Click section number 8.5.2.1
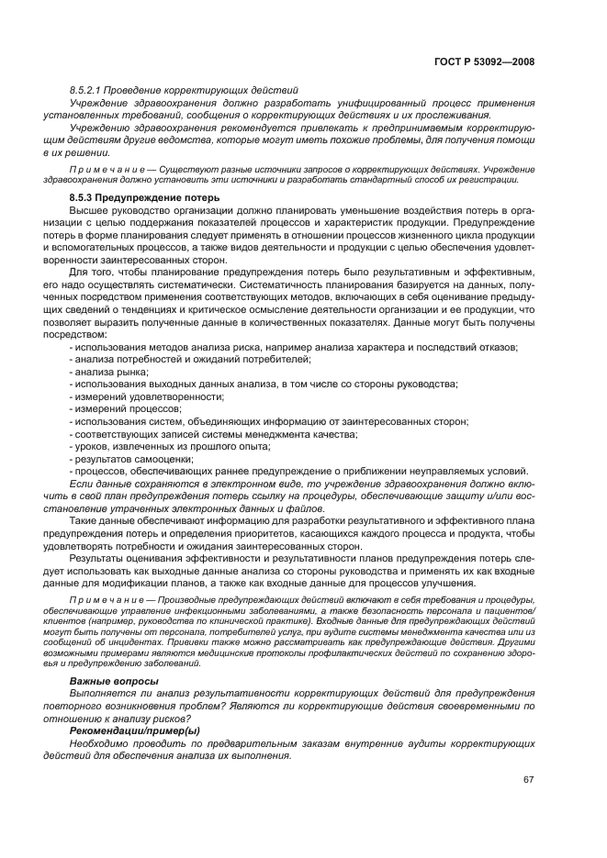(90, 90)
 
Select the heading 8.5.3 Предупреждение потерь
(145, 197)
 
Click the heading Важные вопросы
(114, 680)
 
